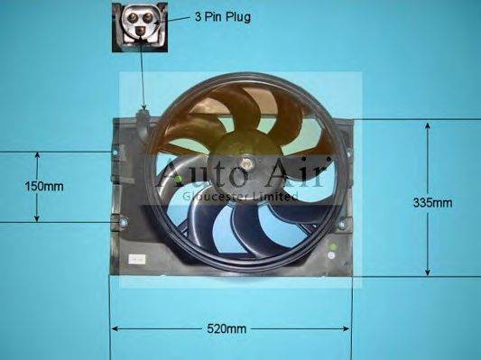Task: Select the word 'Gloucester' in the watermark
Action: (213, 195)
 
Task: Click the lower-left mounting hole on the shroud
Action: (116, 221)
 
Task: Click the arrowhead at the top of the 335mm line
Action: (426, 125)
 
